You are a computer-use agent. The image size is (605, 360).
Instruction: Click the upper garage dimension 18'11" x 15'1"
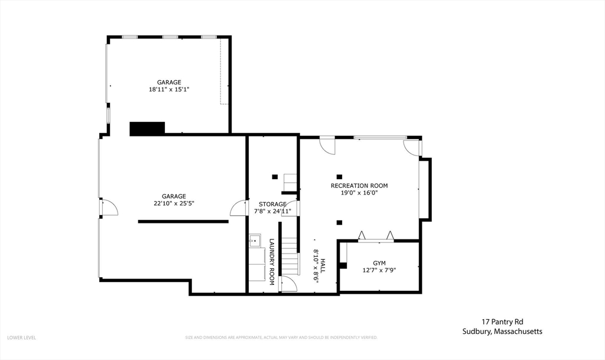pyautogui.click(x=169, y=89)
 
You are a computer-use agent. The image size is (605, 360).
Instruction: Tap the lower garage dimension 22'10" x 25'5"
pyautogui.click(x=174, y=203)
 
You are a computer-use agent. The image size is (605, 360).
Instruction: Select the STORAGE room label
pyautogui.click(x=272, y=204)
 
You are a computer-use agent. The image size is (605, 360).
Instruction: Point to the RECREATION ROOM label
pyautogui.click(x=359, y=186)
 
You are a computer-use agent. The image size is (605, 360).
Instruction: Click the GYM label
pyautogui.click(x=379, y=262)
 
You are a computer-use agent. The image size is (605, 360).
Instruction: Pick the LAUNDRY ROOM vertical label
pyautogui.click(x=272, y=262)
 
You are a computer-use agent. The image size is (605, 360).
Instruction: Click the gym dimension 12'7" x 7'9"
pyautogui.click(x=379, y=270)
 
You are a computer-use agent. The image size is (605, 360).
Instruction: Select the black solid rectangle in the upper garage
pyautogui.click(x=147, y=128)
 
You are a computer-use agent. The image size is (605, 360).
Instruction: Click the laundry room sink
pyautogui.click(x=255, y=240)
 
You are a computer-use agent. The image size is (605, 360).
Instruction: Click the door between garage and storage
pyautogui.click(x=239, y=207)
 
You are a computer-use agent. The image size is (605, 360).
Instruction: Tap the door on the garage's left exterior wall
pyautogui.click(x=108, y=207)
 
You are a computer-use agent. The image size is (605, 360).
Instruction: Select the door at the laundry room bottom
pyautogui.click(x=288, y=284)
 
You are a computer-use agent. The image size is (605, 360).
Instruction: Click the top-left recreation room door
pyautogui.click(x=327, y=145)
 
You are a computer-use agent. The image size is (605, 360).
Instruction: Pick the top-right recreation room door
pyautogui.click(x=412, y=147)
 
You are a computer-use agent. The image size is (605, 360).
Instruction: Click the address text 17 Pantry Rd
pyautogui.click(x=502, y=322)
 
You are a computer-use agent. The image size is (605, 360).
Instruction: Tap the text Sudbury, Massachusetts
pyautogui.click(x=502, y=332)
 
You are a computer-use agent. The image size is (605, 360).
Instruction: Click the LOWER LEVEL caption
pyautogui.click(x=22, y=338)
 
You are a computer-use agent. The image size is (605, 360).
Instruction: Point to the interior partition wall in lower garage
pyautogui.click(x=183, y=221)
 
